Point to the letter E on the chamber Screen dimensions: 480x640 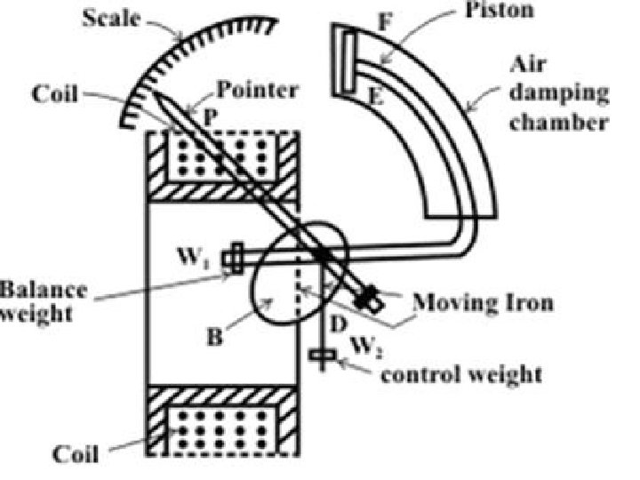click(376, 96)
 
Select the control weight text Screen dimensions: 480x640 click(460, 372)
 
